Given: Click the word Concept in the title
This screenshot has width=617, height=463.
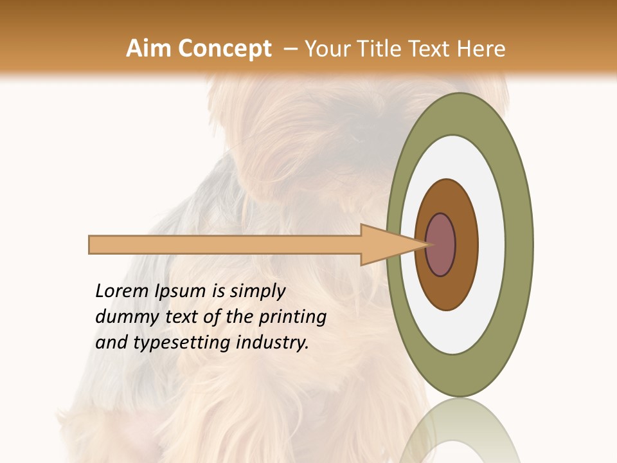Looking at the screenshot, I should pyautogui.click(x=224, y=49).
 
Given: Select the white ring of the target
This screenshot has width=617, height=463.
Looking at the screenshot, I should pyautogui.click(x=492, y=245).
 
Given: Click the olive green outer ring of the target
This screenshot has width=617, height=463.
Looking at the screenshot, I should pyautogui.click(x=521, y=245).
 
